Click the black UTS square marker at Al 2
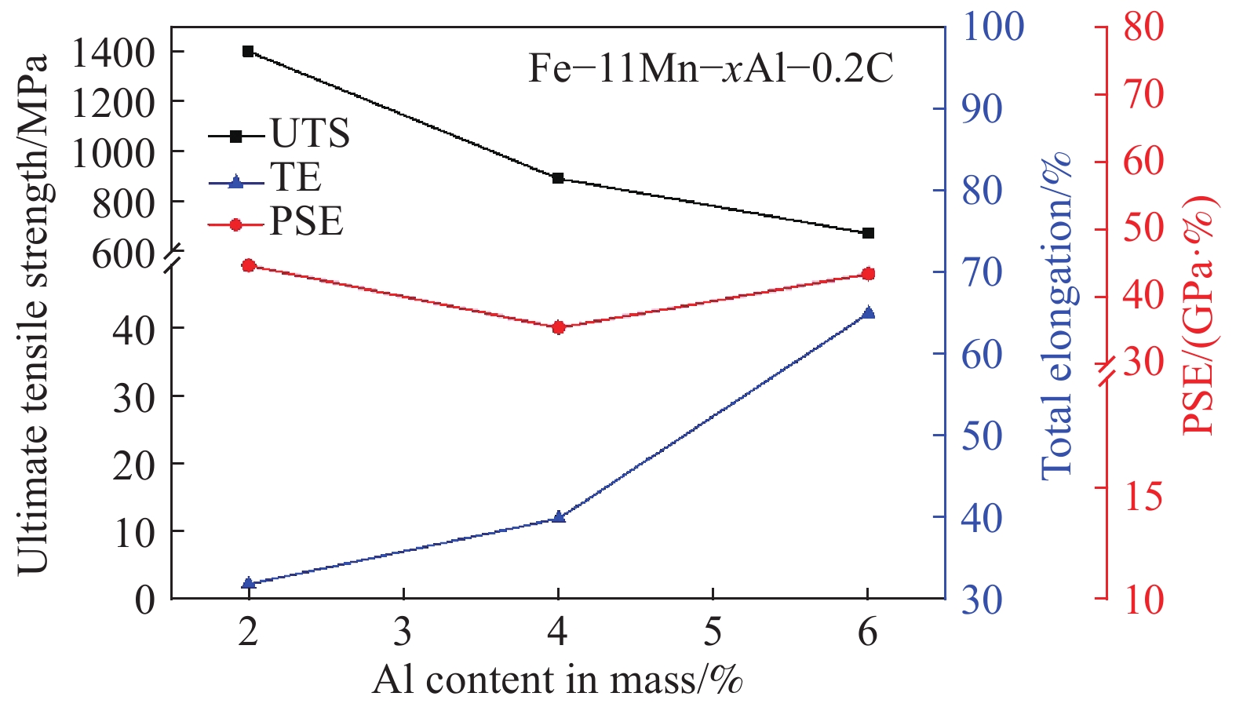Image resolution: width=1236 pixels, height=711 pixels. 248,52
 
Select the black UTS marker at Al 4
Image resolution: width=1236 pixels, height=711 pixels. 558,178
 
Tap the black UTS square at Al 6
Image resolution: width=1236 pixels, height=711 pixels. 868,233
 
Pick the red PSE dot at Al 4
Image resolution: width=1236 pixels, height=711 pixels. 558,327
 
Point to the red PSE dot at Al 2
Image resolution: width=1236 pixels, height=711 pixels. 248,265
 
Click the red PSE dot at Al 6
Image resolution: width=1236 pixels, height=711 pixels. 868,274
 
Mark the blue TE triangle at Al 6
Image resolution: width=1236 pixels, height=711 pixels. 868,312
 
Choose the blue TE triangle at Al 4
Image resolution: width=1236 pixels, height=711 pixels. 558,517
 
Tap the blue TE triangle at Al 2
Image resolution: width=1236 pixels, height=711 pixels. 248,583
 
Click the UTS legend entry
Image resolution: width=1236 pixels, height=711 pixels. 309,134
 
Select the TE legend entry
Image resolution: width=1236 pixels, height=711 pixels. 295,179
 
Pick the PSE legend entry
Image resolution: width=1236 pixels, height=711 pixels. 306,223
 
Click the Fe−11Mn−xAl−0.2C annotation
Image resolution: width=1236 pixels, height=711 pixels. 710,69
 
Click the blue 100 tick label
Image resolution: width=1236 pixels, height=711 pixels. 993,27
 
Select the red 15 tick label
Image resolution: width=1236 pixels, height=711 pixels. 1142,497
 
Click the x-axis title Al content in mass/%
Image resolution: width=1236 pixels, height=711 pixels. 557,680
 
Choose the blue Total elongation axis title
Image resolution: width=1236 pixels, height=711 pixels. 1056,314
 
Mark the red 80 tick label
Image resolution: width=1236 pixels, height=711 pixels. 1142,27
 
